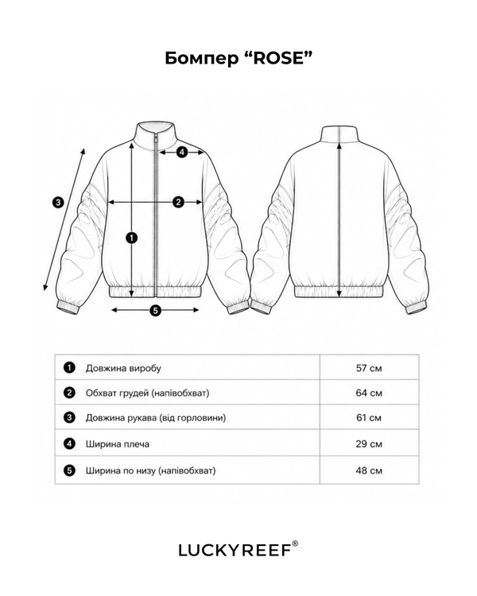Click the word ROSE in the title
[279, 58]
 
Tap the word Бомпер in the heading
[200, 59]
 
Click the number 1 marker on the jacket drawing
[131, 238]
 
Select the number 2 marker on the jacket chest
[178, 202]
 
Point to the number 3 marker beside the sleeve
[58, 202]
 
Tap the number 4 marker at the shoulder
[182, 153]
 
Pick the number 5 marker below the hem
[155, 311]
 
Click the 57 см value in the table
[369, 368]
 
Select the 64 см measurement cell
[369, 393]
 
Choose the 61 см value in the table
[369, 418]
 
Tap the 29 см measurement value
[369, 444]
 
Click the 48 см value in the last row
[369, 470]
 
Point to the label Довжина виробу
[123, 368]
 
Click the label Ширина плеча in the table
[118, 444]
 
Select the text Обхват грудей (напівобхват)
[148, 393]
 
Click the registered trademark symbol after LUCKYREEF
[295, 544]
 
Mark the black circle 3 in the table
[69, 418]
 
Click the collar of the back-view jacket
[339, 133]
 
